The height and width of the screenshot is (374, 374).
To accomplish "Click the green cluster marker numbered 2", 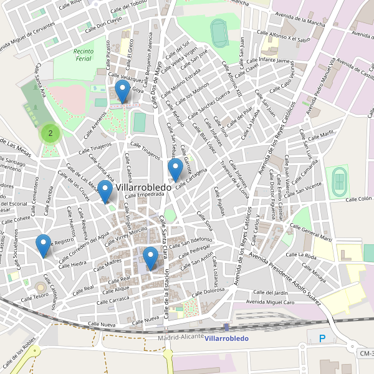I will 50,133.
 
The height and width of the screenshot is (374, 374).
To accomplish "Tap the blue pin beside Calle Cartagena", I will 176,169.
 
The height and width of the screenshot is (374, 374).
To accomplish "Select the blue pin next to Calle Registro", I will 43,244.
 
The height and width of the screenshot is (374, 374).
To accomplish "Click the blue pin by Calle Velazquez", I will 122,91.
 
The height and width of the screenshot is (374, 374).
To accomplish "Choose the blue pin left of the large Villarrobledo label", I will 105,191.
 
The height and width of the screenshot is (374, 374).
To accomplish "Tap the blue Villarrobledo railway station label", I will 226,338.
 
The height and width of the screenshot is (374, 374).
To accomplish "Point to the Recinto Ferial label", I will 83,55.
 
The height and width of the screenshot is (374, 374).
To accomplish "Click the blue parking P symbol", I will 322,338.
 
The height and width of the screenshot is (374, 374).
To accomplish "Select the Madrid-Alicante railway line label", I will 181,337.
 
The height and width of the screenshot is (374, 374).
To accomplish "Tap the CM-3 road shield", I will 365,353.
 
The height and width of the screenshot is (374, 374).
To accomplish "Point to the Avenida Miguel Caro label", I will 271,302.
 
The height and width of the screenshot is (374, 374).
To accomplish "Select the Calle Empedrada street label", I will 143,194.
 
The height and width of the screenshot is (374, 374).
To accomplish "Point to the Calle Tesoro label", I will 36,296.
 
